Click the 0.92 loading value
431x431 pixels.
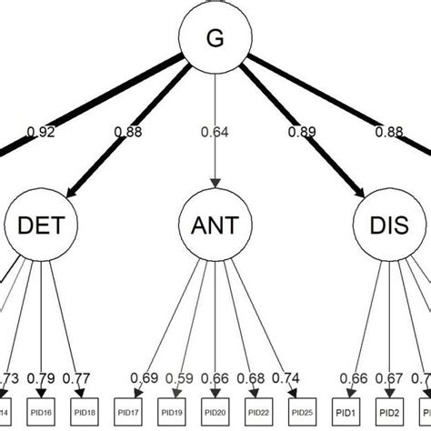tap(41, 132)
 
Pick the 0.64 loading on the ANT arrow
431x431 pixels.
tap(215, 132)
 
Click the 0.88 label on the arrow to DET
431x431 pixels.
tap(127, 132)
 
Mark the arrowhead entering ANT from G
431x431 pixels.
tap(215, 185)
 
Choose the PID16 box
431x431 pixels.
tap(42, 411)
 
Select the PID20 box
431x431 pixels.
tap(215, 411)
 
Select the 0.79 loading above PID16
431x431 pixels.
tap(42, 377)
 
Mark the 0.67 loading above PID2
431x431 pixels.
tap(388, 377)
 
